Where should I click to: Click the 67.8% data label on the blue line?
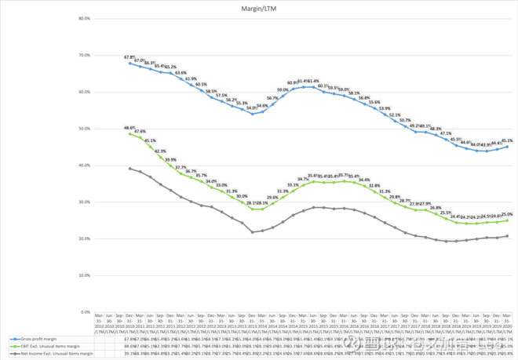129,56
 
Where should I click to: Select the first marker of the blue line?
129,63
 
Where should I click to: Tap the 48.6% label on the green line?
129,127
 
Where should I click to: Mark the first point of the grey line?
129,169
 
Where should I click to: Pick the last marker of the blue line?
506,147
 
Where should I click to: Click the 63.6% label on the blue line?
180,72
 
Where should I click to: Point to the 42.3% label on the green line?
160,151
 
